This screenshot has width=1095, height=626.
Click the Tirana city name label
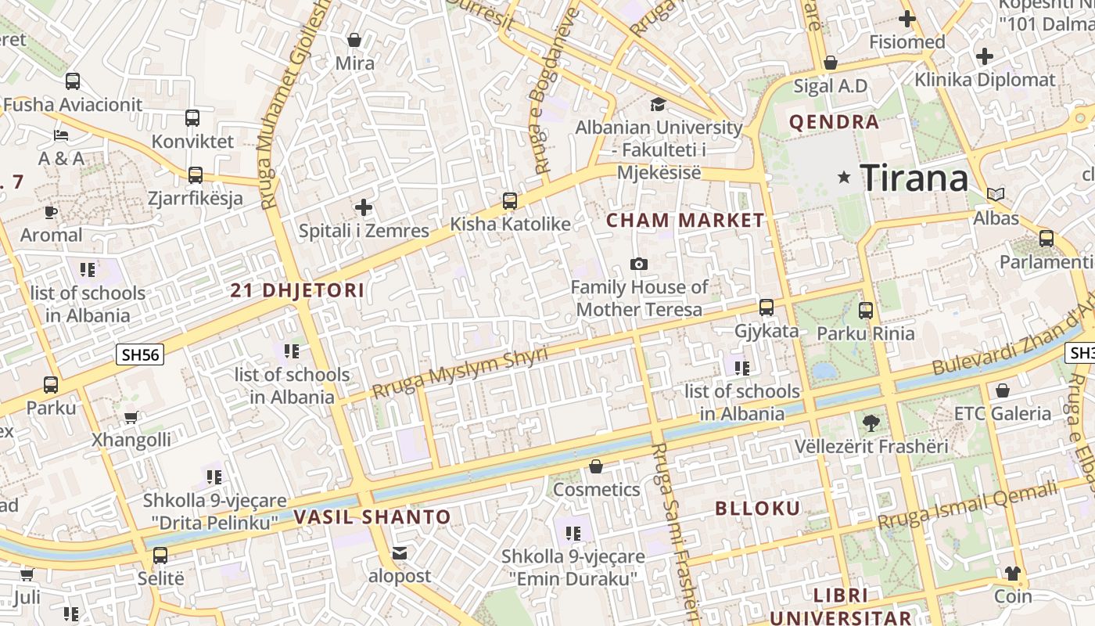pyautogui.click(x=914, y=179)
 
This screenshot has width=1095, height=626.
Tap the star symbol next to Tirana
pyautogui.click(x=844, y=178)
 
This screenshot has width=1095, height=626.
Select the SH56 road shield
pyautogui.click(x=141, y=354)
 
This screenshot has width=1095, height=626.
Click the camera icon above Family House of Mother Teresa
pyautogui.click(x=639, y=264)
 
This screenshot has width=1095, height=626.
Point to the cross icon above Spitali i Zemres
pyautogui.click(x=364, y=207)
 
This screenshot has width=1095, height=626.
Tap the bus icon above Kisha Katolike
pyautogui.click(x=510, y=201)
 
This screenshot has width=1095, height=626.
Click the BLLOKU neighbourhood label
pyautogui.click(x=758, y=509)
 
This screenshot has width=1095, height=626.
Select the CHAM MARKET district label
pyautogui.click(x=685, y=221)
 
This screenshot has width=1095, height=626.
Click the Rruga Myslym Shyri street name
pyautogui.click(x=460, y=372)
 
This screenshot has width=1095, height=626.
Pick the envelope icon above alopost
pyautogui.click(x=400, y=554)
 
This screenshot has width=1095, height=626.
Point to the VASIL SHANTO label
pyautogui.click(x=372, y=517)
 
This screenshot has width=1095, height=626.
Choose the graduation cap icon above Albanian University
pyautogui.click(x=659, y=104)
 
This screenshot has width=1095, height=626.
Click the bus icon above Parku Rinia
pyautogui.click(x=865, y=311)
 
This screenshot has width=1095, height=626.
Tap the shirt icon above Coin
pyautogui.click(x=1013, y=574)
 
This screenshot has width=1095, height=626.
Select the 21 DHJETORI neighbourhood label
pyautogui.click(x=297, y=291)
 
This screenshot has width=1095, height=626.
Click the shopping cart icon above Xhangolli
pyautogui.click(x=131, y=417)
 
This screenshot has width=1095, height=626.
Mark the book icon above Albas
pyautogui.click(x=995, y=195)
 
